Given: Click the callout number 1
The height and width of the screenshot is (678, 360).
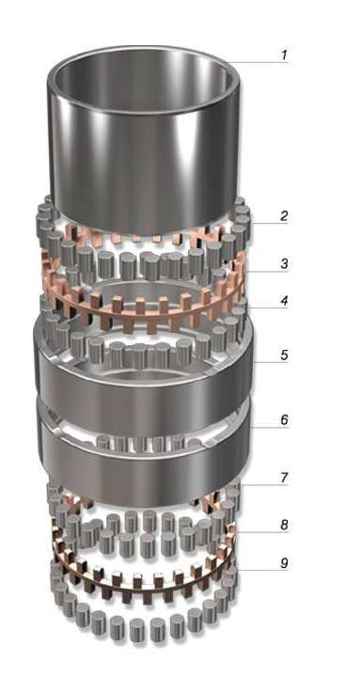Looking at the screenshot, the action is coord(284,55).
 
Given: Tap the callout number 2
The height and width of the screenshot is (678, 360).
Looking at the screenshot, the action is coord(284,215).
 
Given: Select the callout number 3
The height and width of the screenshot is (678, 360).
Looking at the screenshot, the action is coord(284,263).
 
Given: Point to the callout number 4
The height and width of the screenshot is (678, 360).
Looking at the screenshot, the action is coord(284,301).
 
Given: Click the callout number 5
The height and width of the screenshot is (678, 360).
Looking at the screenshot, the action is coord(284,355).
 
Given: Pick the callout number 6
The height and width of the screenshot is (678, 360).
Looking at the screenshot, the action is coord(284,419).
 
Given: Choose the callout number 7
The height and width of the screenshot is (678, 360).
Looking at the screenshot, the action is coord(284,478).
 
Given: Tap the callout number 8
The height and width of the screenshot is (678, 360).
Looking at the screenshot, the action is coord(284,525).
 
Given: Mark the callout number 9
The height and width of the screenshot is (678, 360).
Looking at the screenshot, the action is coord(284,563).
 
